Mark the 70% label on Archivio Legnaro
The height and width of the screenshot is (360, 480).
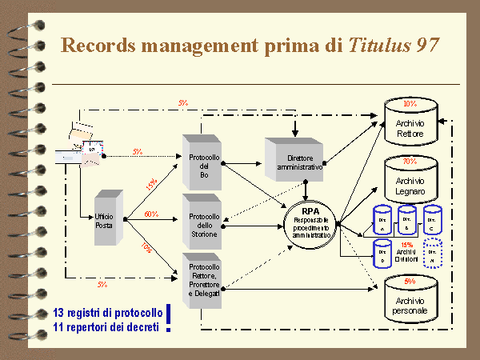[410, 161]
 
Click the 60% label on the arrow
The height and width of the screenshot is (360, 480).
[150, 214]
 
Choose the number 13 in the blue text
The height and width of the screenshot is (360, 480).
[58, 312]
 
